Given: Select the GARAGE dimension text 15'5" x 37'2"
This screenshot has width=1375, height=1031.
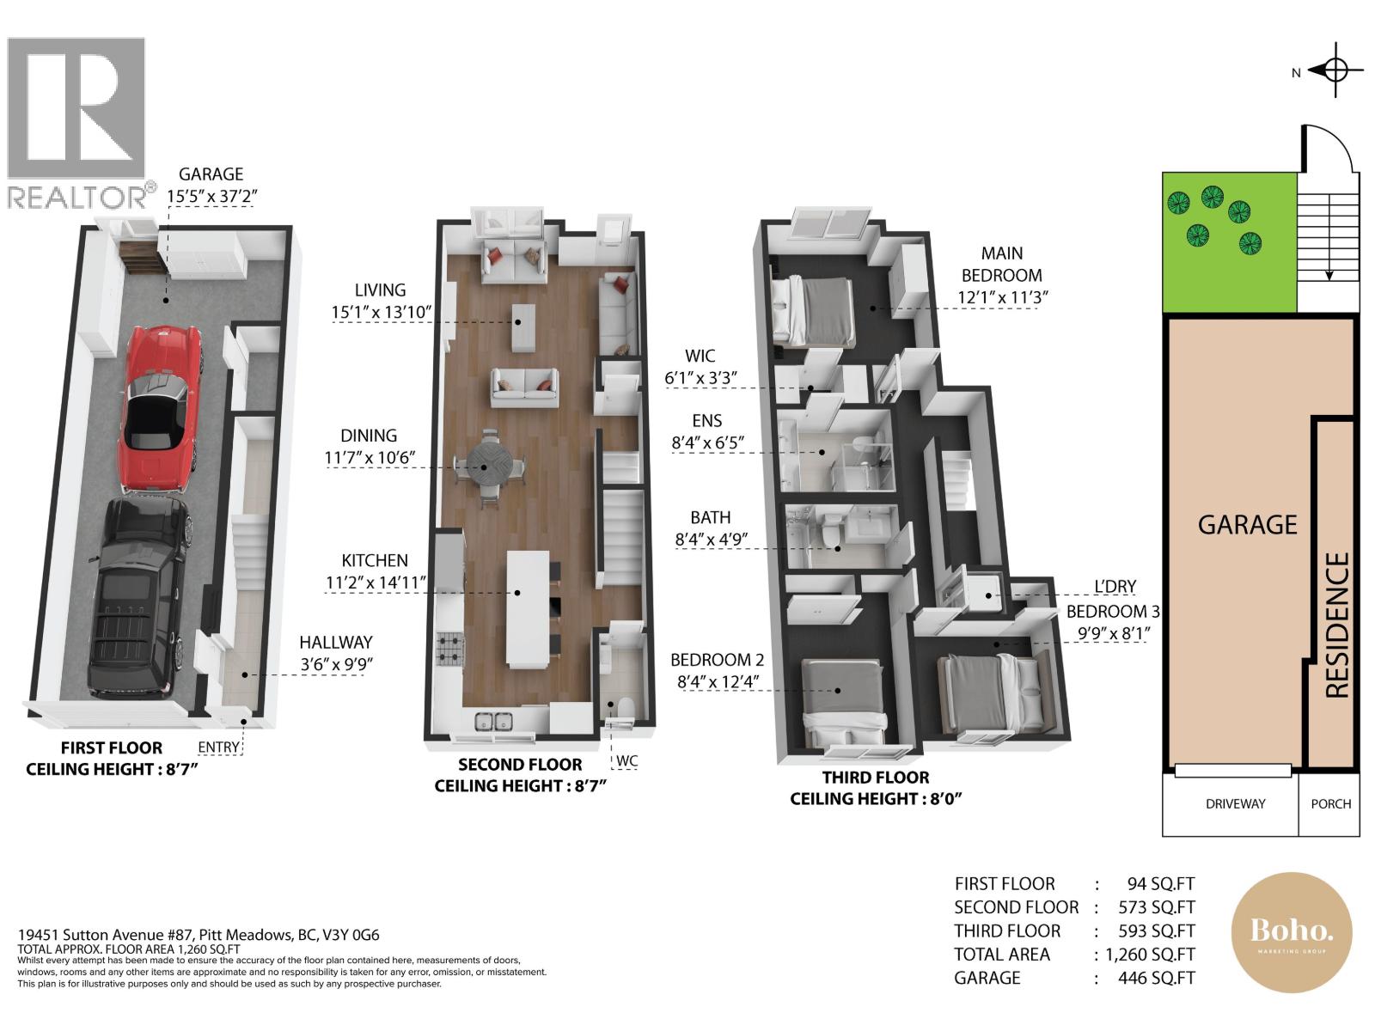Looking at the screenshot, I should click(211, 197).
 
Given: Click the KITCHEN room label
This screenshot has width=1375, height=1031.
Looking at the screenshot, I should click(375, 560).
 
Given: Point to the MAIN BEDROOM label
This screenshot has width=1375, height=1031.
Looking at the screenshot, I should click(1001, 264).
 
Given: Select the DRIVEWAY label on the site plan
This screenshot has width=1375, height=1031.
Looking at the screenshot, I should click(1235, 804).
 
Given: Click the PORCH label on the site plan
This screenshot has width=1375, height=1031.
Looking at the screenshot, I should click(1330, 804).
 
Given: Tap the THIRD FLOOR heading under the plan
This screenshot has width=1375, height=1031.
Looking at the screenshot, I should click(875, 778).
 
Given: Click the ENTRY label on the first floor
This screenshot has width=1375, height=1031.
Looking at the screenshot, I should click(218, 747).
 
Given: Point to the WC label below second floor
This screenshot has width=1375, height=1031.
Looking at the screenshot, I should click(626, 760).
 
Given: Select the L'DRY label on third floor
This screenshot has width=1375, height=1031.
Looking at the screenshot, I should click(1115, 587).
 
